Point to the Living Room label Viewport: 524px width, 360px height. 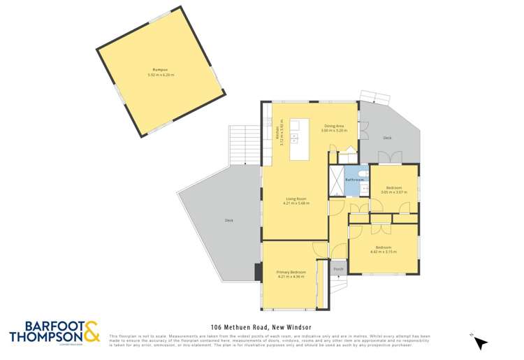296,199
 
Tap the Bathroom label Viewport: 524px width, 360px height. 355,180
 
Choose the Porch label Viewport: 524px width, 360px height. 338,268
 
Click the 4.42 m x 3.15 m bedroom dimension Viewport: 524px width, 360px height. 384,252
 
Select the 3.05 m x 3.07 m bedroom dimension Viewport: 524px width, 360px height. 393,192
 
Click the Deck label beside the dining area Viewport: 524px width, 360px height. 387,138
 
